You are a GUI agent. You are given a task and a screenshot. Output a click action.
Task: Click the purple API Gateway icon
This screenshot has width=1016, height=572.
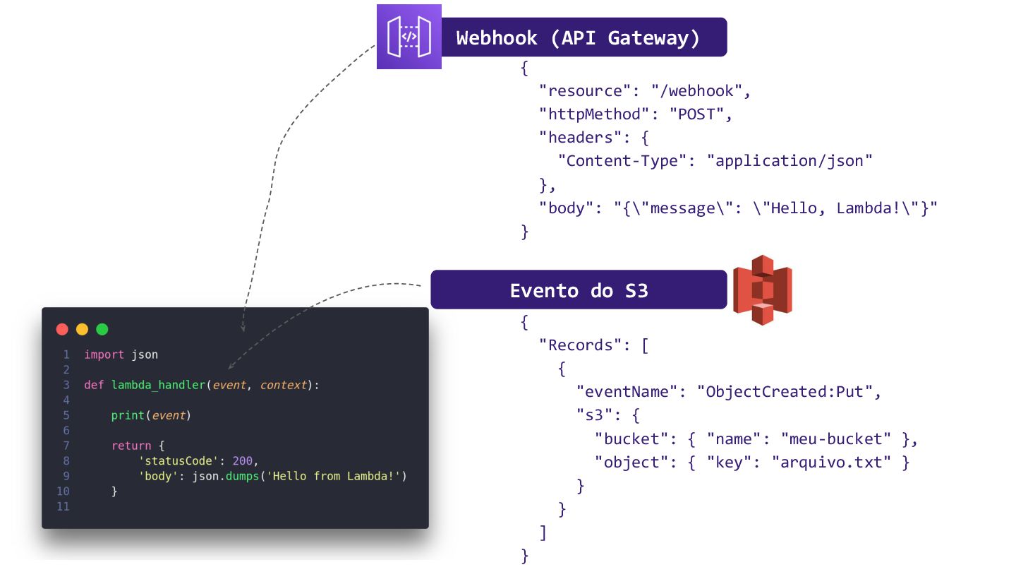coord(409,37)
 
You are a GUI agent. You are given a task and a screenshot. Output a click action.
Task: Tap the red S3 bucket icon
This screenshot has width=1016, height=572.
coord(762,290)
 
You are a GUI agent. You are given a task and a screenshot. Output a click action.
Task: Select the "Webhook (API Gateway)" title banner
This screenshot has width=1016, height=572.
coord(579,37)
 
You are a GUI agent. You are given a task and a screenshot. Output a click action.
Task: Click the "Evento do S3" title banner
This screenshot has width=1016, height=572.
coord(579,290)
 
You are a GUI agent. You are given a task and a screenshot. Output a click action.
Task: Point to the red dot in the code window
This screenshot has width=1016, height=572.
coord(62,329)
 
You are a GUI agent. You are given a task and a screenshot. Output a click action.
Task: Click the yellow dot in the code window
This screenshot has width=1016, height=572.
coord(82,329)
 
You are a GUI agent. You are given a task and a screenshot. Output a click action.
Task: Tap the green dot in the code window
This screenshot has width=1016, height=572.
coord(102,329)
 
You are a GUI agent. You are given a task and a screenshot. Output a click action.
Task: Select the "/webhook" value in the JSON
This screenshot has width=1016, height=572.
coord(697,91)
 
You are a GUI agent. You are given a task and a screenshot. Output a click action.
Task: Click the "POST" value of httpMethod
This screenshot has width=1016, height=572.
coord(697,114)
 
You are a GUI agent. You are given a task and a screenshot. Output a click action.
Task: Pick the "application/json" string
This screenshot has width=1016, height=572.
coord(790,161)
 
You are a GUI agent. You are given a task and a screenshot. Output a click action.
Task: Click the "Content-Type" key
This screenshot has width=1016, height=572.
coord(623,161)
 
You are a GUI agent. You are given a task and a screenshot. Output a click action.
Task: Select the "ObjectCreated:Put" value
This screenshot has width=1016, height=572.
coord(785,392)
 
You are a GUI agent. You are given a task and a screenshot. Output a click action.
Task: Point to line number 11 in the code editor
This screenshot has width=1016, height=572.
coord(63,506)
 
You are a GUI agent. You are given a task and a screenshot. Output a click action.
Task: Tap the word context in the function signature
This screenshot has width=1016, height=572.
coord(284,385)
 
